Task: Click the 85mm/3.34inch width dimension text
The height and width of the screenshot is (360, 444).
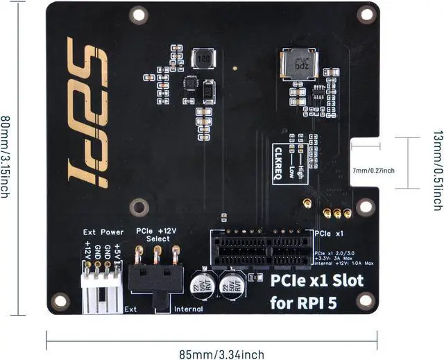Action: click(x=221, y=354)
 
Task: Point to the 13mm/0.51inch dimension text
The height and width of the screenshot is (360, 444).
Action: click(x=436, y=162)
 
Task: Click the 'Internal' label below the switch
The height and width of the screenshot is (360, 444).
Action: click(x=188, y=309)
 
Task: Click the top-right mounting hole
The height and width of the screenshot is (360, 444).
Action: click(x=365, y=13)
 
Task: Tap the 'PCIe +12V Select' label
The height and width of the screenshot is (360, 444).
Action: click(x=157, y=234)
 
